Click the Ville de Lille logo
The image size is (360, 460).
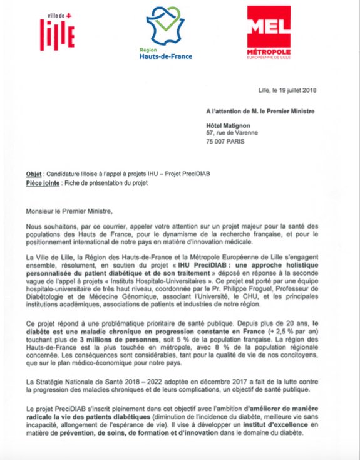[57, 29]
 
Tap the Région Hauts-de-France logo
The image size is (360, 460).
[166, 33]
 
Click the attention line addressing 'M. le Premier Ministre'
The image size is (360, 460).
[268, 112]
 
